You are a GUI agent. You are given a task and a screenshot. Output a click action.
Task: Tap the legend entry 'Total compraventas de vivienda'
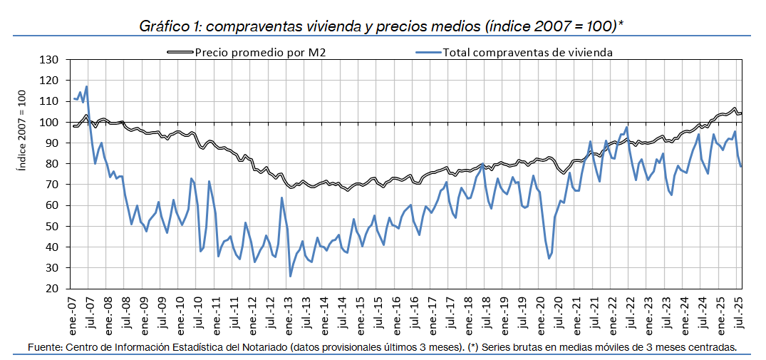click(527, 52)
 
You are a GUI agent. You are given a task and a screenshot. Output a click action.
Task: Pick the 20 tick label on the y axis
click(51, 289)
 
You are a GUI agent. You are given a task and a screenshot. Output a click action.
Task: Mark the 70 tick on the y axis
click(51, 185)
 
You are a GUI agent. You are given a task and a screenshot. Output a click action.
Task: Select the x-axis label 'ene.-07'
click(73, 313)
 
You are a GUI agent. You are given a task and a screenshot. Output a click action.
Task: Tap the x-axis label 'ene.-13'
click(290, 313)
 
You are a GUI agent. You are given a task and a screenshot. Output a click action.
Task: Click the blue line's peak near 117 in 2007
click(86, 87)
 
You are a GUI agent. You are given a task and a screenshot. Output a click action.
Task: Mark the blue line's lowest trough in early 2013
click(290, 276)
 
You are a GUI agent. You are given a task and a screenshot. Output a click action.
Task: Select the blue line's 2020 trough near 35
click(549, 257)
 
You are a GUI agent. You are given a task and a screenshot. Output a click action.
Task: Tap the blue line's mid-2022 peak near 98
click(626, 128)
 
